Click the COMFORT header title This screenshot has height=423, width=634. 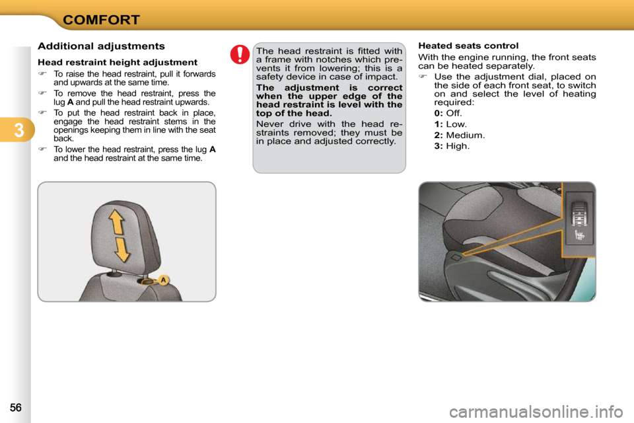tap(101, 19)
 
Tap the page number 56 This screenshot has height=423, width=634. tap(15, 408)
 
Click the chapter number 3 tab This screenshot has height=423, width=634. tap(17, 130)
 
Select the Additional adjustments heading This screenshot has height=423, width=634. tap(101, 46)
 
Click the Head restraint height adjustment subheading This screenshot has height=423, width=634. tap(118, 62)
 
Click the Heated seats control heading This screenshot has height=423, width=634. tap(468, 46)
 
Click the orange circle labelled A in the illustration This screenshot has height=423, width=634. tap(163, 280)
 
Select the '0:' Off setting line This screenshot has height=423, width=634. tap(448, 113)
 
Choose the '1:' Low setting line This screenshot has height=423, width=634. tap(450, 124)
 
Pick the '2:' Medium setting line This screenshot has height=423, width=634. tap(459, 135)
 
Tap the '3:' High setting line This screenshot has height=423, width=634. tap(452, 145)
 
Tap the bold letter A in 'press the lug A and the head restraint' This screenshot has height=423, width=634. tap(212, 149)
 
